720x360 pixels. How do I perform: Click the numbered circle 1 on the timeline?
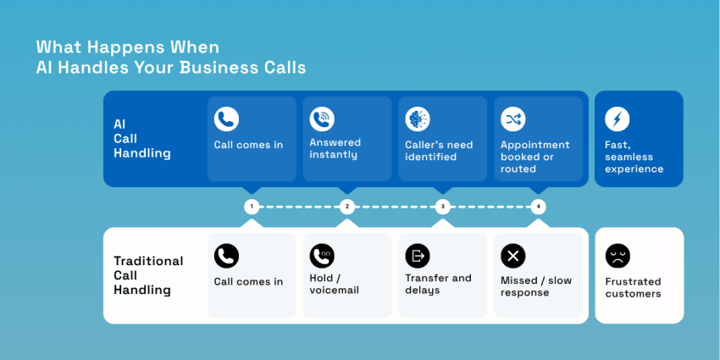(251, 207)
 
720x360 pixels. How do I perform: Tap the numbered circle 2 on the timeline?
(346, 207)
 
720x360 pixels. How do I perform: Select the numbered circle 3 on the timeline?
(442, 207)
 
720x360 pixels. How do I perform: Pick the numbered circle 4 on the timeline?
(538, 207)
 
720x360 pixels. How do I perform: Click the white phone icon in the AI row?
(226, 119)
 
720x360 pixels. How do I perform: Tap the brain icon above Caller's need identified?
(418, 119)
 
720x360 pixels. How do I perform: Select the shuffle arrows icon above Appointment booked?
(512, 119)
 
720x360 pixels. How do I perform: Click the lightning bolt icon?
(618, 119)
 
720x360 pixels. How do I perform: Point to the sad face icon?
(618, 256)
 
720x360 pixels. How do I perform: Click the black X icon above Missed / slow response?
(512, 256)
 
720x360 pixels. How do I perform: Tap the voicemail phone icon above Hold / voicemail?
(322, 256)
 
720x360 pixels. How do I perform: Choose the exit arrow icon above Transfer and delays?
(418, 256)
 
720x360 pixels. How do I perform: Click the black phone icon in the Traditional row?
(226, 256)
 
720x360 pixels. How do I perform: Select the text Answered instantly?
(335, 149)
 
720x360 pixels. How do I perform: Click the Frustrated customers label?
(633, 288)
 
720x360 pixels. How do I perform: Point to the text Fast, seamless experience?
(634, 157)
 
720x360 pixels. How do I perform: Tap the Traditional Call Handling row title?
(148, 275)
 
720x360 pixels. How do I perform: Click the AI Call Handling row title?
(141, 139)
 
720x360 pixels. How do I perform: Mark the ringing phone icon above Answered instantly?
(322, 119)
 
